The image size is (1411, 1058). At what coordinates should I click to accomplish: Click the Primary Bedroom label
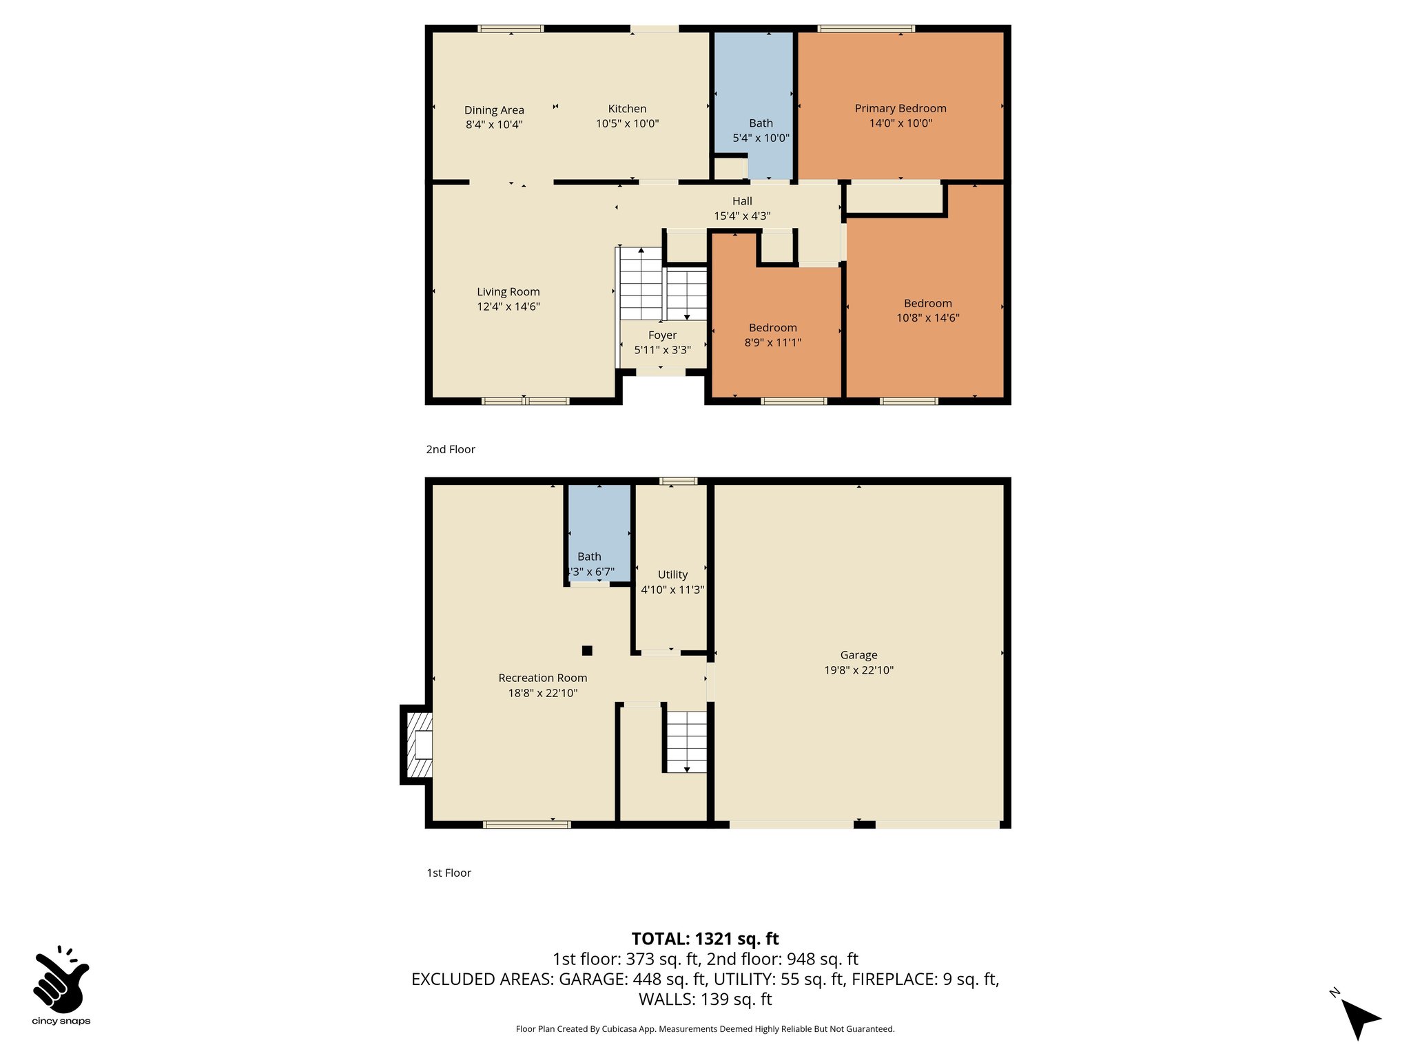[900, 108]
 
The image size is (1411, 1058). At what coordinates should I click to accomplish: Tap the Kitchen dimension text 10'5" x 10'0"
[627, 124]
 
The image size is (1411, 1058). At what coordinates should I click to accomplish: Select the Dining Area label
[494, 110]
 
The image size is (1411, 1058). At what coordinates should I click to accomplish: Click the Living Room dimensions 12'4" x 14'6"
[508, 307]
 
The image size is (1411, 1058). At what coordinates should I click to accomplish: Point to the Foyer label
[662, 335]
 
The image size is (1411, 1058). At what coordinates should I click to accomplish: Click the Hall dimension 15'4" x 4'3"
[741, 216]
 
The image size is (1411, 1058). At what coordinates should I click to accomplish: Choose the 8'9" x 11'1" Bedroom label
[772, 328]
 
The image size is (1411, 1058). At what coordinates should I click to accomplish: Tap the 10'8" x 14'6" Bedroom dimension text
[927, 318]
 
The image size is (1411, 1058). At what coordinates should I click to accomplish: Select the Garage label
[858, 655]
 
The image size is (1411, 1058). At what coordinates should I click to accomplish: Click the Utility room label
[672, 574]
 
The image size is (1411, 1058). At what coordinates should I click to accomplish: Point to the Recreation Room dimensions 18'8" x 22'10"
[542, 693]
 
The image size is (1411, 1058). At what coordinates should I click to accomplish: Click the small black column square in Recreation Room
[587, 650]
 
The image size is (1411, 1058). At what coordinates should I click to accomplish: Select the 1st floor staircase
[686, 741]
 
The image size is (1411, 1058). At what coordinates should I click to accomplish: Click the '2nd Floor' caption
[451, 449]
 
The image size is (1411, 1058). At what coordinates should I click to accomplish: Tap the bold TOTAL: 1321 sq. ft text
[705, 939]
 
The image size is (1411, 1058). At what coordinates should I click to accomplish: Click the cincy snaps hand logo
[61, 979]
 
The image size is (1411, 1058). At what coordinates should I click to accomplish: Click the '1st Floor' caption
[449, 873]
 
